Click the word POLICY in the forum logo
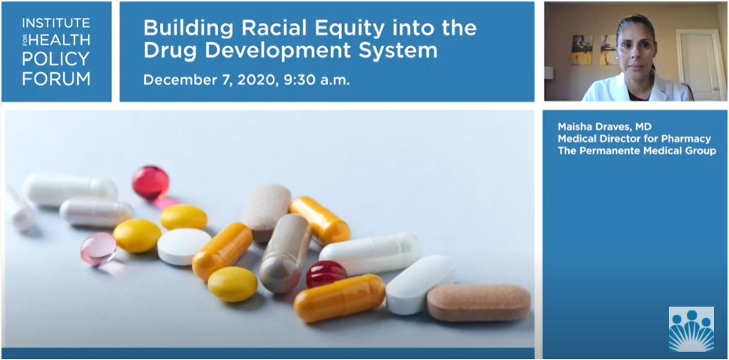point(45,57)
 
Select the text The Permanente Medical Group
point(637,151)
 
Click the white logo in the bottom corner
point(691,328)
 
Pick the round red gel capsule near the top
point(150,182)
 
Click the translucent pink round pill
point(98,248)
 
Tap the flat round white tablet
point(184,246)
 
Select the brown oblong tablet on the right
point(479,302)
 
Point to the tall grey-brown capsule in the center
point(286,253)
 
